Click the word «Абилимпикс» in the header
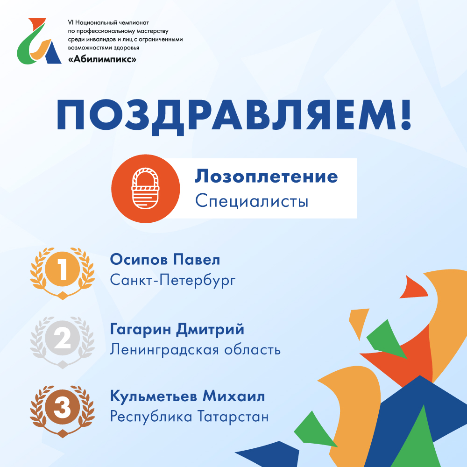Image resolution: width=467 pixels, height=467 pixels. click(102, 59)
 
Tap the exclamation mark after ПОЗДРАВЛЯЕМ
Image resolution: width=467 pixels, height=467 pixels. click(405, 115)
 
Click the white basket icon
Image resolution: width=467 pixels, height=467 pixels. click(145, 188)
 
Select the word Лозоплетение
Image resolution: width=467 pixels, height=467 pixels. click(266, 177)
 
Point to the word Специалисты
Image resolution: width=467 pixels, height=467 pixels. click(252, 201)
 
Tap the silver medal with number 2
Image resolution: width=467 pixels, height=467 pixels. click(63, 342)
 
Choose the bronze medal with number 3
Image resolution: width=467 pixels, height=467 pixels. click(63, 411)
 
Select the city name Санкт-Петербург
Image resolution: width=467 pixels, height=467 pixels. click(173, 280)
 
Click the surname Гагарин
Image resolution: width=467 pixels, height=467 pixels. click(141, 329)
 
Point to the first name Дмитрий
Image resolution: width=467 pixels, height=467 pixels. click(210, 329)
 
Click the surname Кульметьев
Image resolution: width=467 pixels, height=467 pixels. click(153, 396)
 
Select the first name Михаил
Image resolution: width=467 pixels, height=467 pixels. click(234, 396)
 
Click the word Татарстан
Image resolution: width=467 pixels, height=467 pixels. click(233, 417)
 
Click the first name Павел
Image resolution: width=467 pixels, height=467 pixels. click(197, 260)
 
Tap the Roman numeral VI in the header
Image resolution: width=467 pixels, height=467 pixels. click(71, 22)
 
